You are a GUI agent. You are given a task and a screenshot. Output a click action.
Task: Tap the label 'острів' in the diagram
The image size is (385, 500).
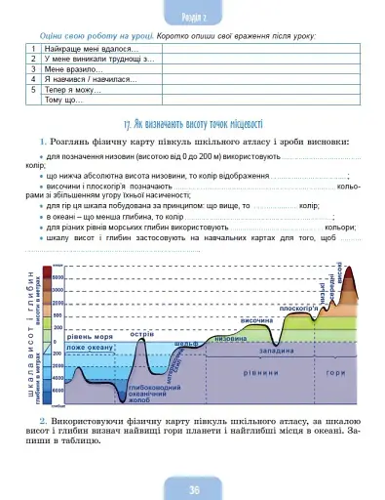141,334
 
